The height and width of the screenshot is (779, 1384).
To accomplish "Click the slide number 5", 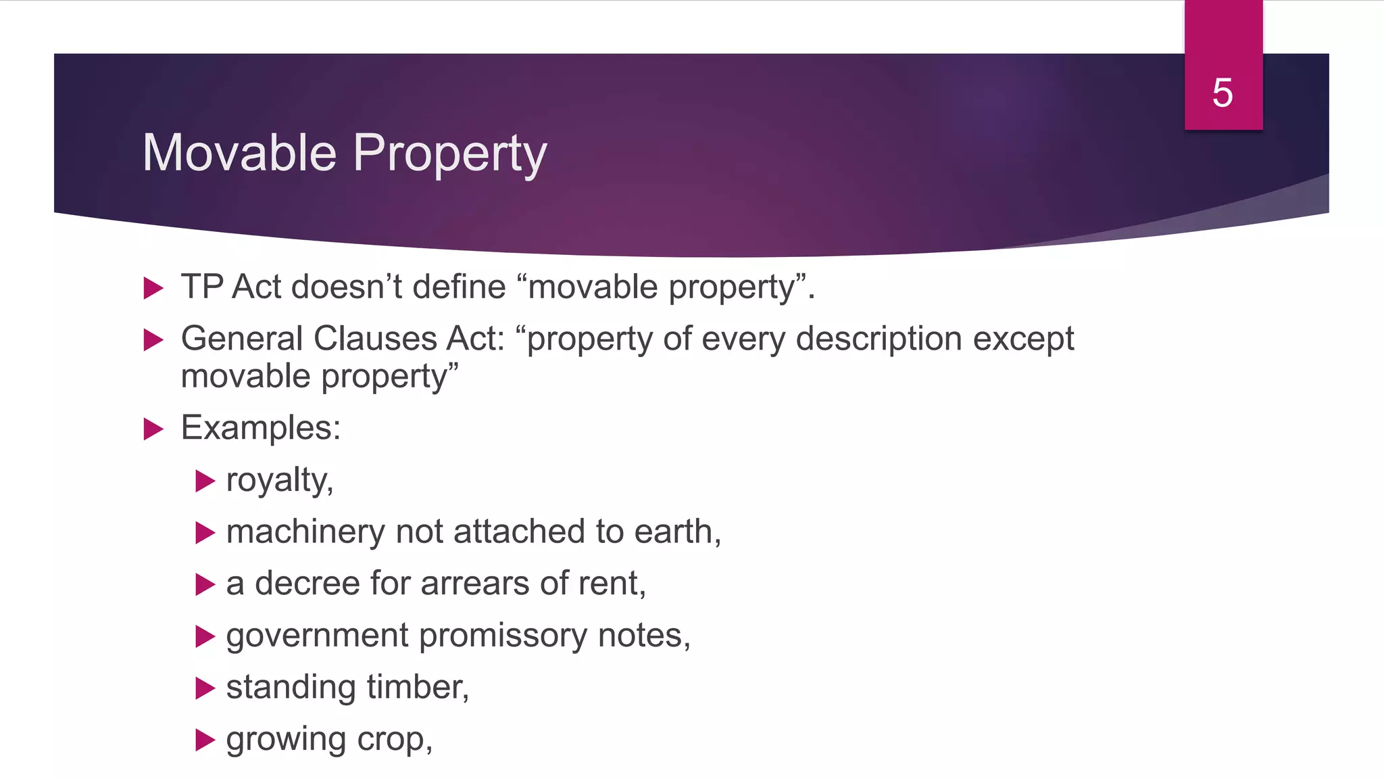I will [x=1222, y=93].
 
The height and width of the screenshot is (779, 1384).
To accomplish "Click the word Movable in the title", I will [x=239, y=153].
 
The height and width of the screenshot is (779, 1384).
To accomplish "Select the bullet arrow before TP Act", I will [x=153, y=288].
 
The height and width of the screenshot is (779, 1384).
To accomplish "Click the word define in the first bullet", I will [x=459, y=287].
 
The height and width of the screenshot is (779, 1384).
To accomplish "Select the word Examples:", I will [x=261, y=428].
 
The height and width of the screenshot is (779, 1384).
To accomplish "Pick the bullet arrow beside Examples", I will [x=153, y=429].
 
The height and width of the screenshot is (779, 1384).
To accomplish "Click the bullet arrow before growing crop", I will [x=205, y=739].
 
